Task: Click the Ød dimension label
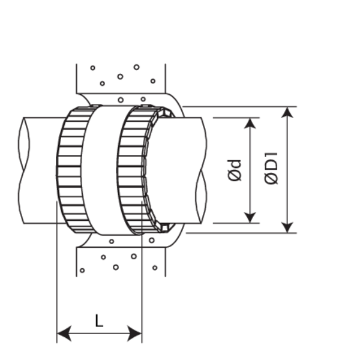click(x=236, y=170)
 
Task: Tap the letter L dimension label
click(x=99, y=320)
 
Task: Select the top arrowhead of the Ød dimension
click(x=251, y=122)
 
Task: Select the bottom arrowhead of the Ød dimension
click(x=251, y=217)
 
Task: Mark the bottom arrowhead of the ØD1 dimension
click(x=289, y=227)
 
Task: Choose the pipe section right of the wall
click(x=180, y=170)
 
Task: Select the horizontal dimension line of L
click(x=99, y=333)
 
